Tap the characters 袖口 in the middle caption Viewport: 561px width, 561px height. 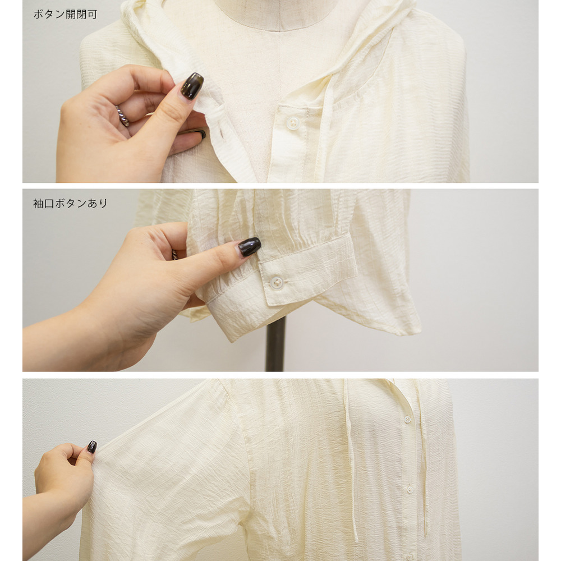point(44,203)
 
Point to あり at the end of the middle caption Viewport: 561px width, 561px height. point(97,203)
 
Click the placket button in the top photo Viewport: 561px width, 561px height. point(293,123)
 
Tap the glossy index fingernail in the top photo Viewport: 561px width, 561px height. point(192,86)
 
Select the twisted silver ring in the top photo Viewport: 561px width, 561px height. point(123,116)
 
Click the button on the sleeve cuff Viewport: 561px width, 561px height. point(276,283)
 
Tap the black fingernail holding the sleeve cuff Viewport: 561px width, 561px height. point(250,246)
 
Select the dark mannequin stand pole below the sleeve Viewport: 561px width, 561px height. point(275,344)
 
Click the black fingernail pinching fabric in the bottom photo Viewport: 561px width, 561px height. point(91,447)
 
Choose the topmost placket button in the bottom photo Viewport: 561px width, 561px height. point(407,419)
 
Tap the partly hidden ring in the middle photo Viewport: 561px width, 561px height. point(174,254)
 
